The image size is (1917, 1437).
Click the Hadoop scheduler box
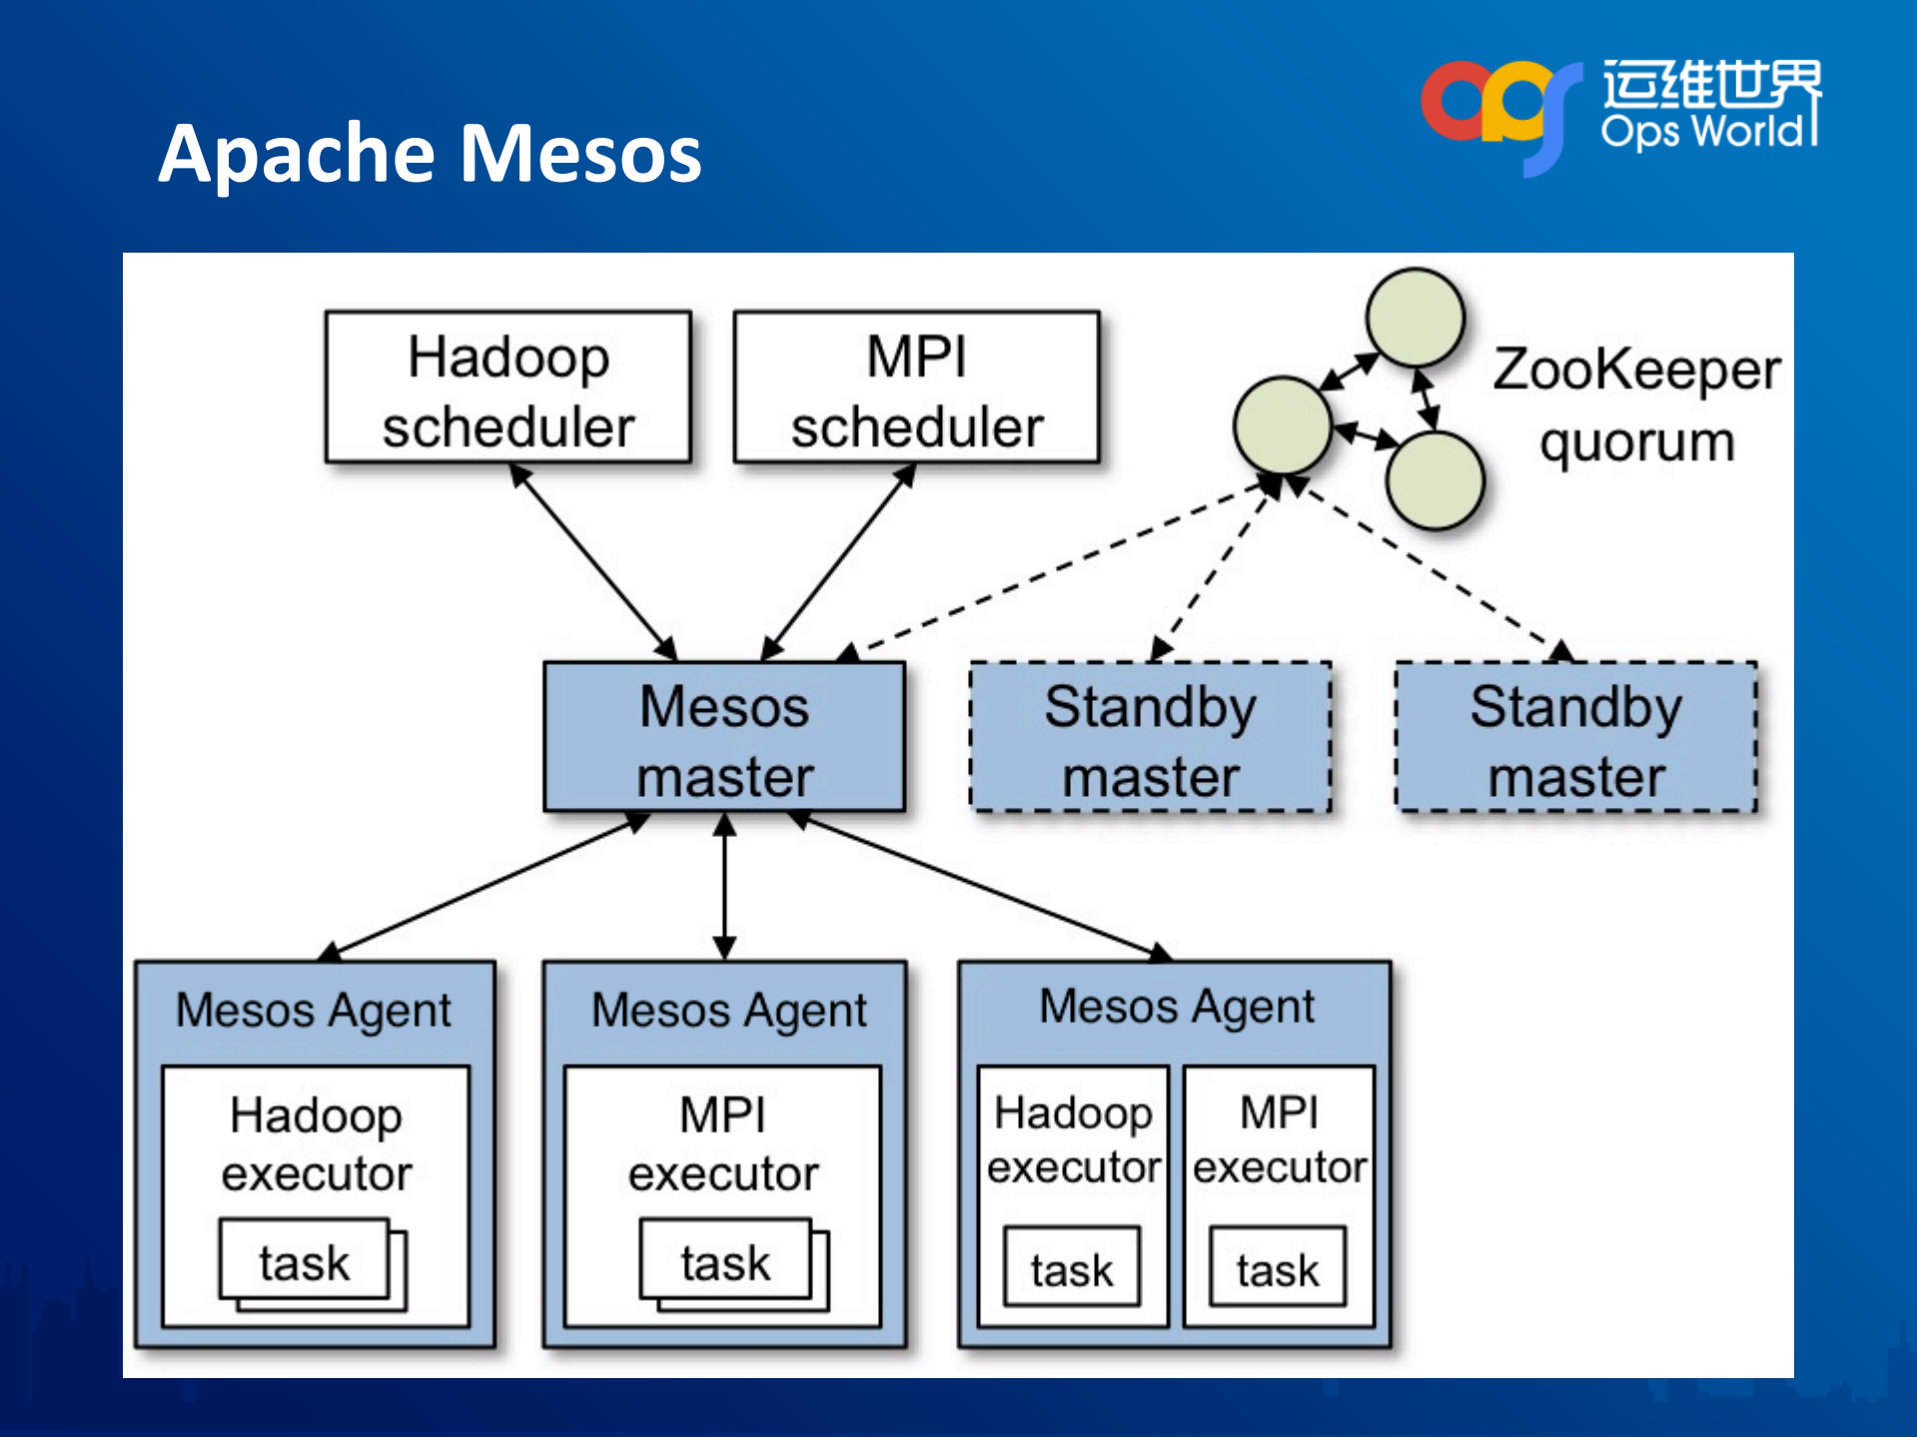[x=507, y=387]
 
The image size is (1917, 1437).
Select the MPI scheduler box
[x=916, y=387]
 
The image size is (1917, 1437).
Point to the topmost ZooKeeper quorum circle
[x=1415, y=318]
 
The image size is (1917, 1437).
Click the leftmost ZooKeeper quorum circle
[x=1283, y=424]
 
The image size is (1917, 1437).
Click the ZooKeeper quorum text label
[x=1636, y=404]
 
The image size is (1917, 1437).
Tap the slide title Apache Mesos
[x=430, y=154]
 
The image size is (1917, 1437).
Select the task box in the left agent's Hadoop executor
[x=305, y=1261]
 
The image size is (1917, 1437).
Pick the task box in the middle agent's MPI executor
[x=725, y=1261]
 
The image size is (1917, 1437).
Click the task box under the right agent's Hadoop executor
[x=1072, y=1268]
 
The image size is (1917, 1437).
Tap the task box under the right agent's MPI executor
[x=1278, y=1268]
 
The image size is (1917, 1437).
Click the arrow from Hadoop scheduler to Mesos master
[x=594, y=561]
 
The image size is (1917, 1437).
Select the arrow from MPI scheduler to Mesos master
[x=839, y=561]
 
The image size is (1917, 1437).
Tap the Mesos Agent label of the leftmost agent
[x=314, y=1011]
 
